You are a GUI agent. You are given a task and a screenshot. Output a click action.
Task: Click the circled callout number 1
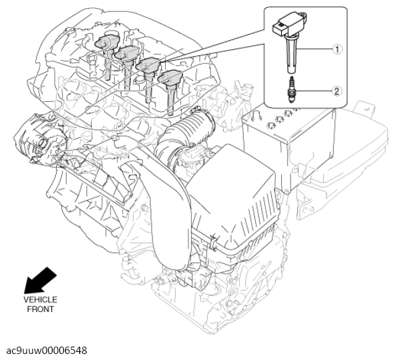tap(337, 49)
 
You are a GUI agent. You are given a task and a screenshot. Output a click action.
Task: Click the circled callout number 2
tap(337, 91)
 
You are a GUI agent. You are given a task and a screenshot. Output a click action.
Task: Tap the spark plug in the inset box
tap(292, 89)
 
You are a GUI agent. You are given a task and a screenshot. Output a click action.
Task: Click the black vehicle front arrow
tap(40, 281)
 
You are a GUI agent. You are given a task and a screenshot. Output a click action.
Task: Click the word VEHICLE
tap(41, 300)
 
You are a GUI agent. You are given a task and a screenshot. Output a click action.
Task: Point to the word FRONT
tap(41, 309)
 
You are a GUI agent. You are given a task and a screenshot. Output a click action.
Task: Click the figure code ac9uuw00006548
tap(47, 351)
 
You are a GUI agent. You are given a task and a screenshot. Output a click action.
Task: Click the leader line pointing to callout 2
tap(313, 91)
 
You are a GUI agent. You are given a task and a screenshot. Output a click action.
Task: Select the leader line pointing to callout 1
tap(314, 49)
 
